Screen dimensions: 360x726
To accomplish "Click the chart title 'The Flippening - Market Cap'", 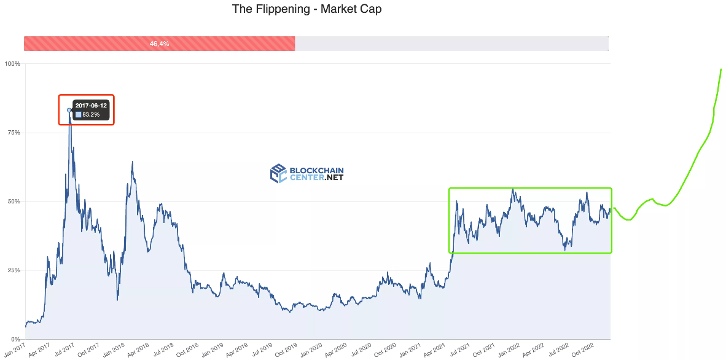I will [x=306, y=9].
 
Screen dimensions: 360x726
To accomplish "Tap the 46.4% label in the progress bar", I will [x=159, y=44].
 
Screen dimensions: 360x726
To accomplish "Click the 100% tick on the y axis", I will [x=12, y=63].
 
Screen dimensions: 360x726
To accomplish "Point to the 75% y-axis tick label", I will [x=14, y=133].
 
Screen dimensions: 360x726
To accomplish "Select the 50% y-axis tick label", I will [x=14, y=202].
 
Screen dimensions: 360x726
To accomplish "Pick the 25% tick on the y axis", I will [x=14, y=270].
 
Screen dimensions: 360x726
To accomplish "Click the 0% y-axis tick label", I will [x=16, y=339].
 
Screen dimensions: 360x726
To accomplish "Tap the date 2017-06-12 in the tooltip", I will [x=91, y=106].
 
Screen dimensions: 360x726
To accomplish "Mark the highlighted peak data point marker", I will [x=69, y=110].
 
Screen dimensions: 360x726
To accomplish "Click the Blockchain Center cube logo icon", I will [x=278, y=173].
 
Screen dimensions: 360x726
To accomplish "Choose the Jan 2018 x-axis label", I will [x=115, y=350].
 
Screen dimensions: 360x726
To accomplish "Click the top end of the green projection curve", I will [x=721, y=69].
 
